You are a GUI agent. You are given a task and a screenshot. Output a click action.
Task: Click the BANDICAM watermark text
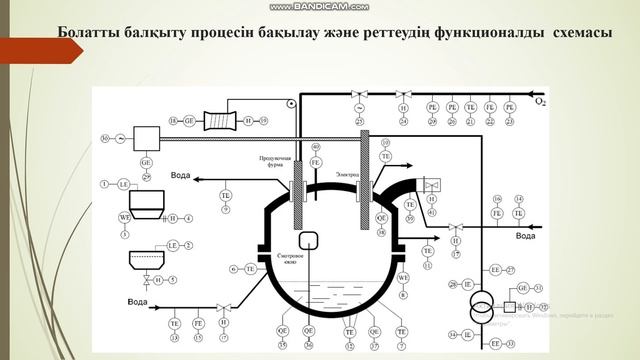click(320, 6)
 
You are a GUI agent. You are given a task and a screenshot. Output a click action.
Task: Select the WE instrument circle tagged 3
click(124, 217)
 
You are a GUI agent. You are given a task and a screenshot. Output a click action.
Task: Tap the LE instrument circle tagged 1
click(124, 185)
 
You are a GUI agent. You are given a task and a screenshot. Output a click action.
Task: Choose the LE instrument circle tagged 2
click(172, 244)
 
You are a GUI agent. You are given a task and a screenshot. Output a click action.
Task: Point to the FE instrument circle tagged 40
click(316, 162)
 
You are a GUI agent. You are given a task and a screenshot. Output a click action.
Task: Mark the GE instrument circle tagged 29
click(147, 163)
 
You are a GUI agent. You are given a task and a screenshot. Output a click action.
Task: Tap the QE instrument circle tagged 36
click(310, 329)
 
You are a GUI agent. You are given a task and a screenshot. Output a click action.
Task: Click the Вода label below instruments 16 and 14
click(526, 235)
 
